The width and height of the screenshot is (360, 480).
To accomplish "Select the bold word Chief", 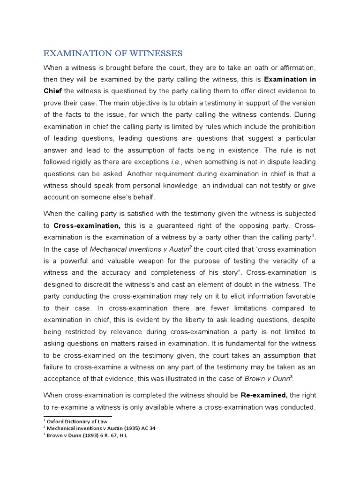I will point(52,91).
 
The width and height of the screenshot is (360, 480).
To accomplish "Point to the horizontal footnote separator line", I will point(77,416).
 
